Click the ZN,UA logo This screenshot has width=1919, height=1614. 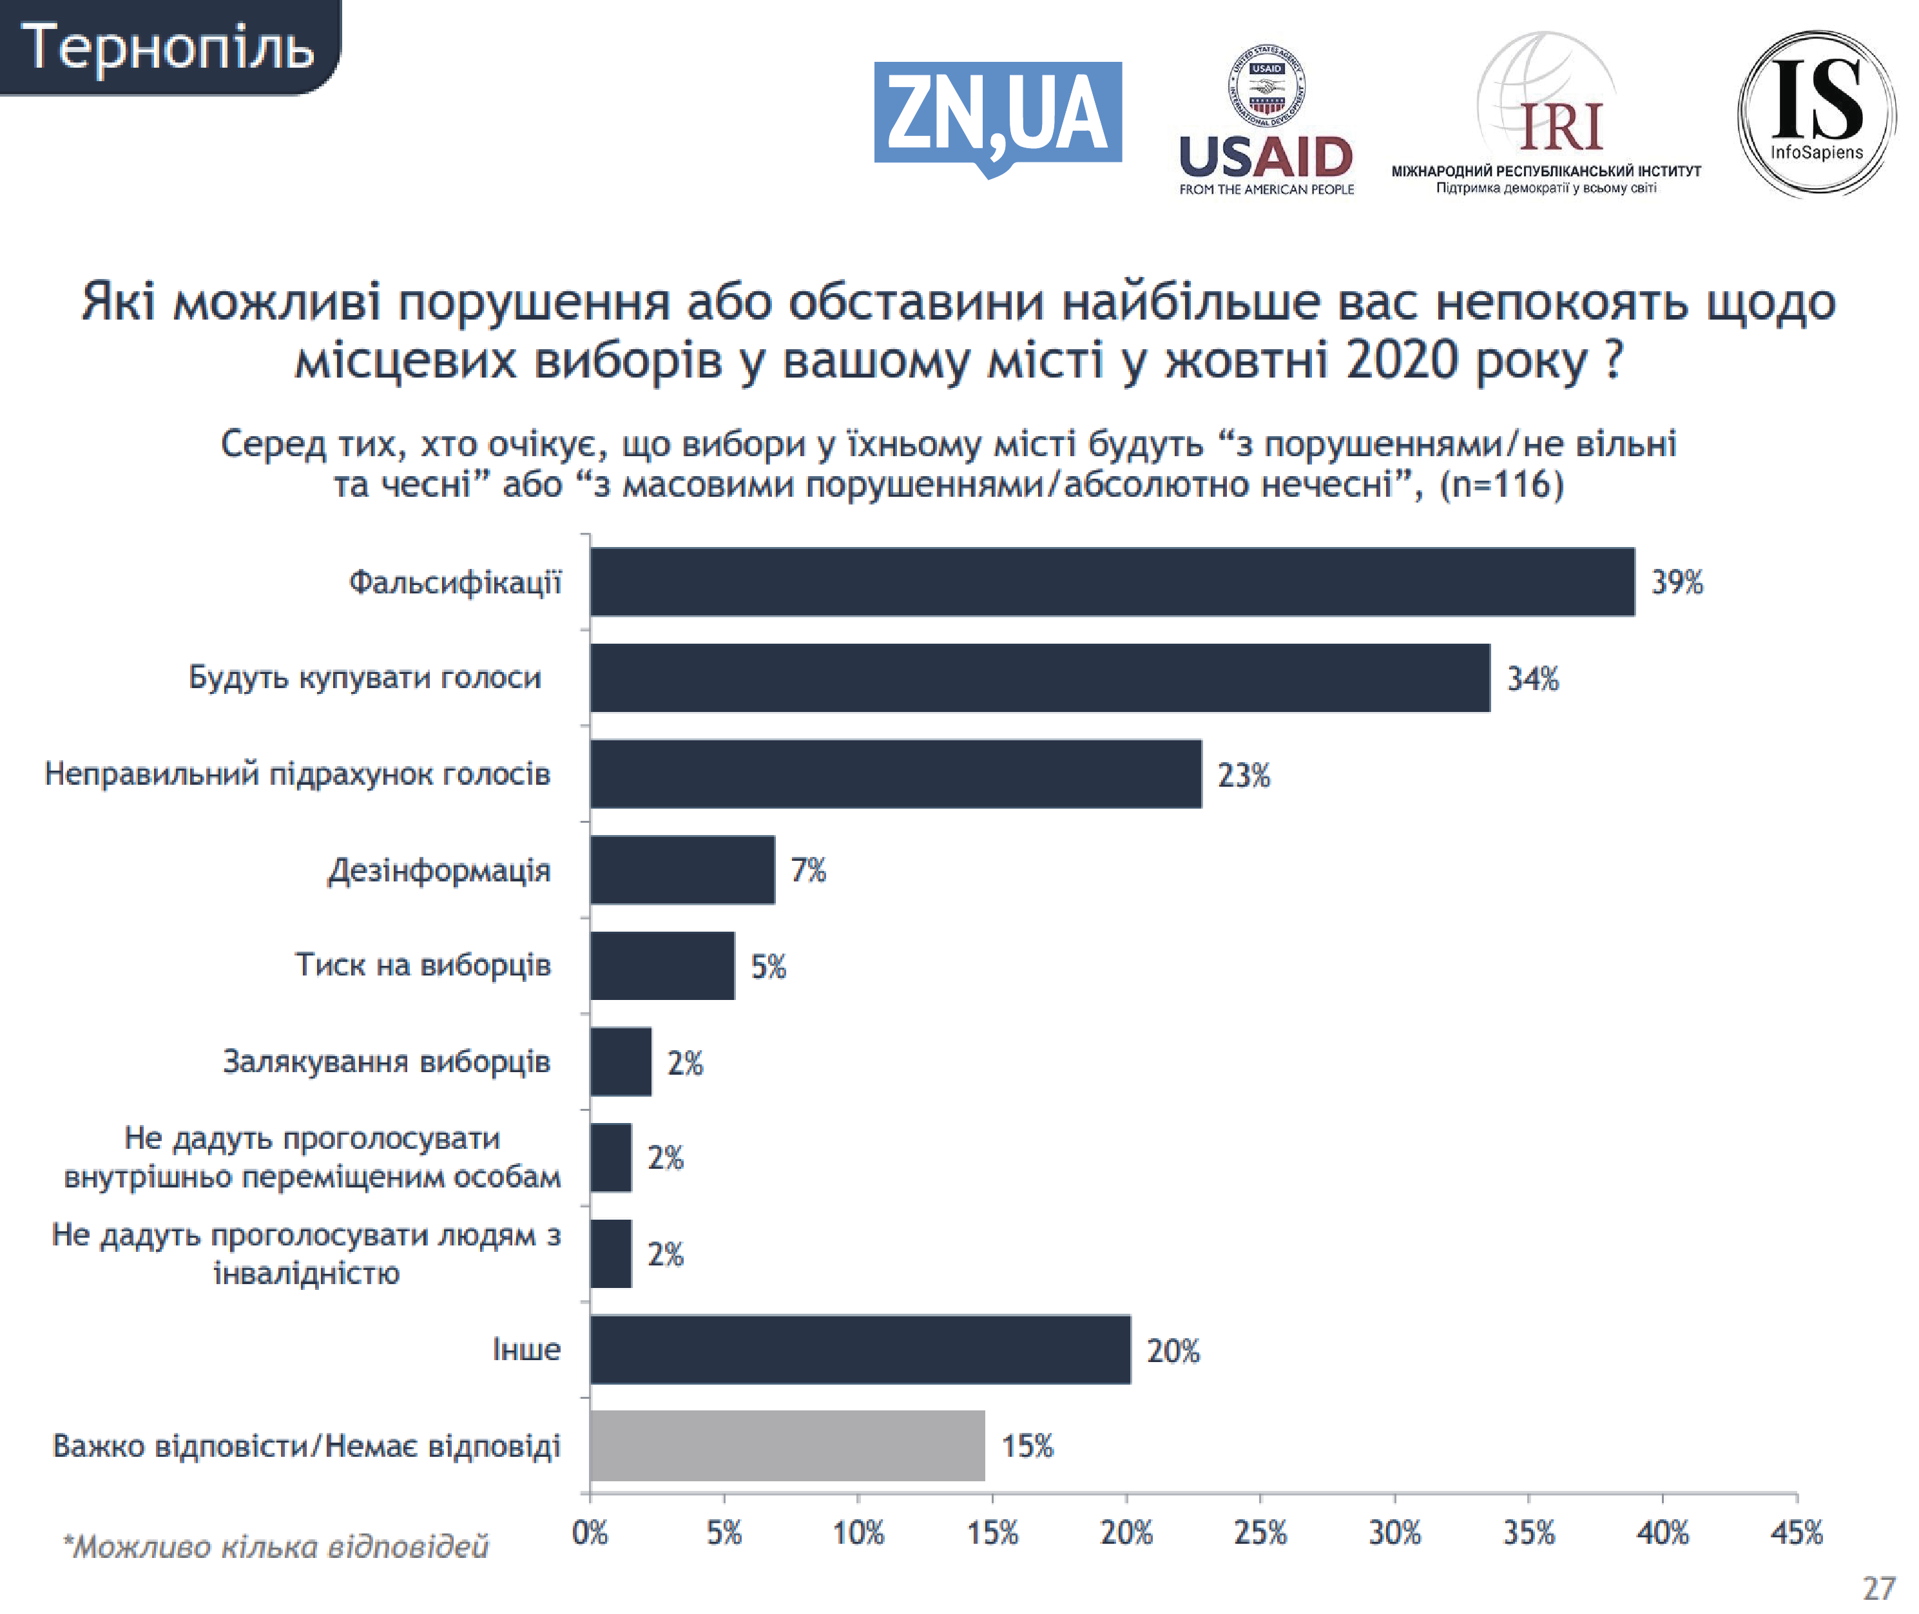click(997, 115)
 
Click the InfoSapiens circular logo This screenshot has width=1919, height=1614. click(1816, 113)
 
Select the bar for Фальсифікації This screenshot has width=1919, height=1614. click(1111, 582)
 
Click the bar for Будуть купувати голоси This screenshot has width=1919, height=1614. click(1039, 678)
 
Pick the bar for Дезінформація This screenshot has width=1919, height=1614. click(682, 869)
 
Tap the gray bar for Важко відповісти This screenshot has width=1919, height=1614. click(787, 1446)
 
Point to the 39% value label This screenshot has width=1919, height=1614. click(1677, 582)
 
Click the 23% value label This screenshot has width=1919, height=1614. click(1243, 775)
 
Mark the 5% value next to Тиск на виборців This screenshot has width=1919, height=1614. click(767, 966)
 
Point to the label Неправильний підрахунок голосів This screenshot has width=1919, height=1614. click(298, 774)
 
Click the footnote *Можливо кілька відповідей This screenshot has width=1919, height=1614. click(275, 1547)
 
